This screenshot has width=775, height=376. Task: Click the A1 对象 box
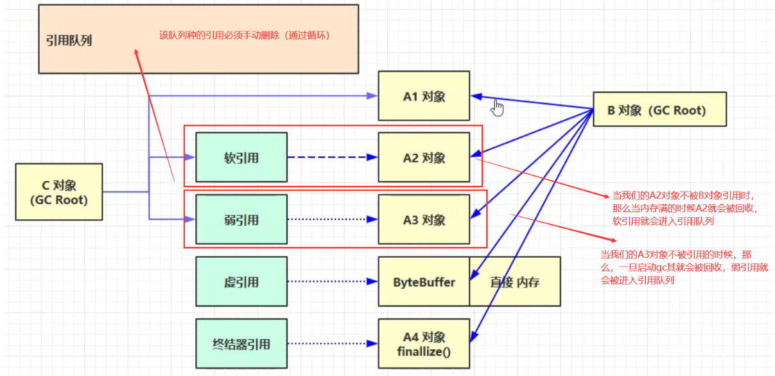(x=424, y=96)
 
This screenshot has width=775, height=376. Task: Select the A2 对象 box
(x=424, y=157)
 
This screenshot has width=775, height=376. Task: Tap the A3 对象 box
(x=424, y=220)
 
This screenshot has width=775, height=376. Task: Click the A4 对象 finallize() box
(x=424, y=344)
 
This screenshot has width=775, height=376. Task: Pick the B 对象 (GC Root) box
(x=658, y=110)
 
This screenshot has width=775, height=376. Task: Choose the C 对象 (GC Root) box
(x=58, y=192)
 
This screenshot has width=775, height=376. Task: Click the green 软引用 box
(x=241, y=157)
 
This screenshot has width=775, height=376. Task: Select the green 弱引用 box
(x=241, y=220)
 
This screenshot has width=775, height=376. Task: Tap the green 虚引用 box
(x=241, y=282)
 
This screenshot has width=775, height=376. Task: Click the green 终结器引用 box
(x=241, y=344)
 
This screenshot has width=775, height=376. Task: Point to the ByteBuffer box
(x=424, y=282)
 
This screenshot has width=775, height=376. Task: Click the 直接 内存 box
(x=515, y=282)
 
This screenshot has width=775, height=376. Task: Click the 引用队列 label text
(x=69, y=40)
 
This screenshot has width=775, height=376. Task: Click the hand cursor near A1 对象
(x=498, y=108)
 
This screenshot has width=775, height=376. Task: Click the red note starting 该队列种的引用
(x=244, y=35)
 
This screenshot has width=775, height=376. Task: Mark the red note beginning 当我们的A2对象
(x=684, y=208)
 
